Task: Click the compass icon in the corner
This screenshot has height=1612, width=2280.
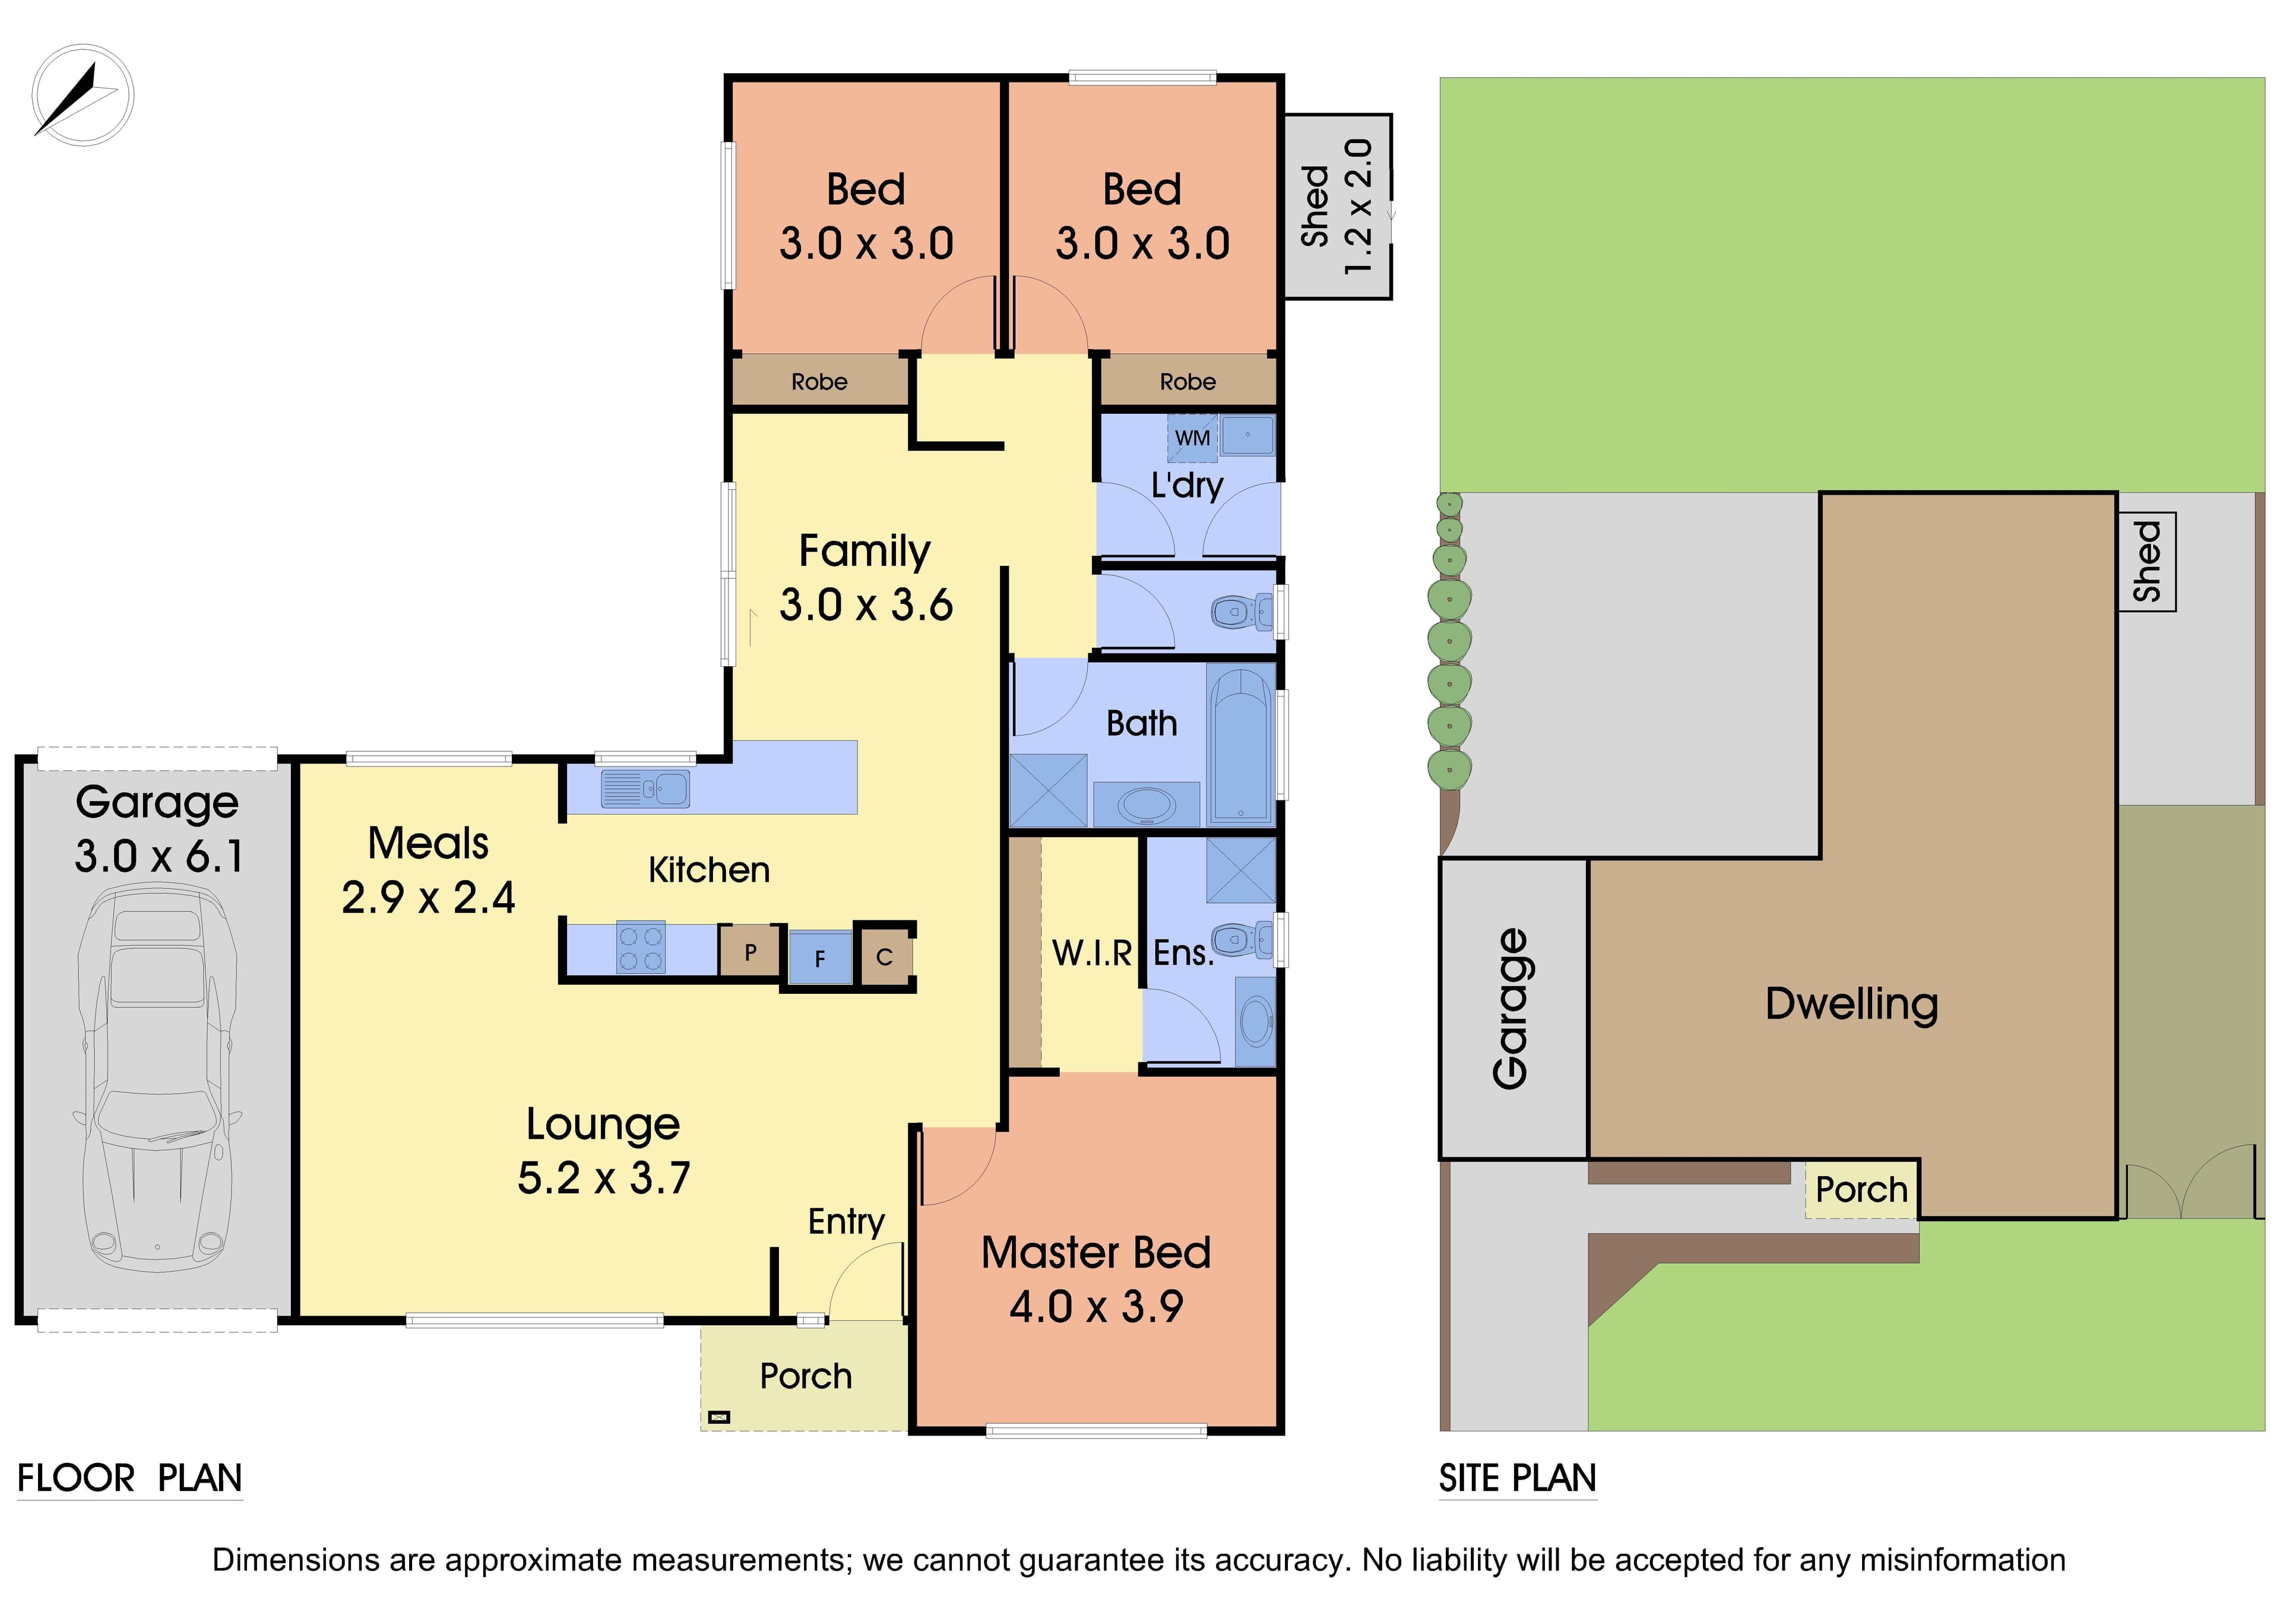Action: click(x=83, y=96)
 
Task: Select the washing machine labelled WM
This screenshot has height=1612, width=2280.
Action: click(x=1192, y=438)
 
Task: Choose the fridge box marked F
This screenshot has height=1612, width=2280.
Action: click(x=820, y=958)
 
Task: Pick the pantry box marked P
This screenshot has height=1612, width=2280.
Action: click(x=750, y=952)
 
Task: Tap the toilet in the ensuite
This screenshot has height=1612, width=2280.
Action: click(x=1242, y=939)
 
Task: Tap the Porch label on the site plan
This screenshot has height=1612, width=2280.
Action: click(x=1861, y=1190)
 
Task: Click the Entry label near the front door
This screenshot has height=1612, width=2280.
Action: click(x=846, y=1222)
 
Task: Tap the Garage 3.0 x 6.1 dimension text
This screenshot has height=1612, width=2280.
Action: click(x=158, y=829)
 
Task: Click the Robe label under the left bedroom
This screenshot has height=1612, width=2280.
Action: click(x=819, y=381)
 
